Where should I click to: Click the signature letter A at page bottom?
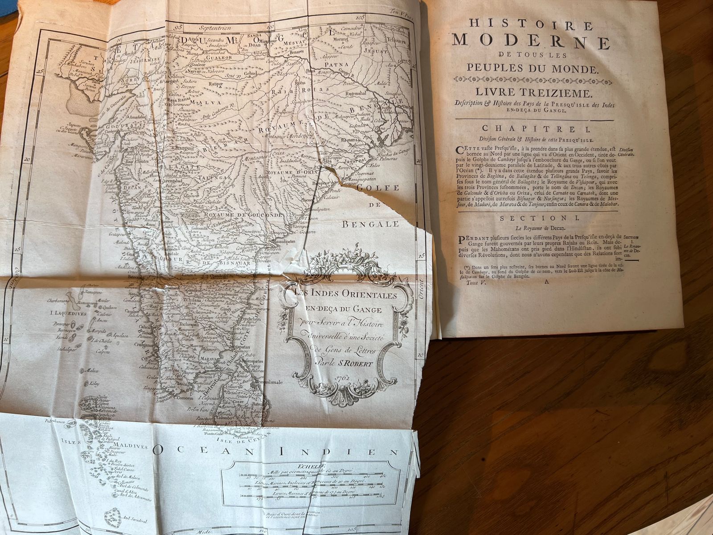point(546,282)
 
